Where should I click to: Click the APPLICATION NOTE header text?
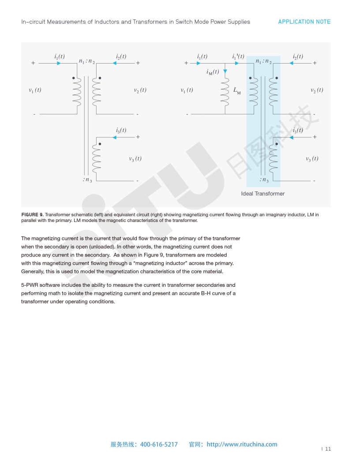(304, 22)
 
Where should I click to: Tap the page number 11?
(328, 449)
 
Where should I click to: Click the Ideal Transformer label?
(262, 194)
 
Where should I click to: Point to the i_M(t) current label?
(213, 72)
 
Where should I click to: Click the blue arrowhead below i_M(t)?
(225, 71)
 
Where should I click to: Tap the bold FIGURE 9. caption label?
(32, 214)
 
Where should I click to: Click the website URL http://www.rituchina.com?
(242, 444)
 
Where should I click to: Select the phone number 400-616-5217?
(159, 444)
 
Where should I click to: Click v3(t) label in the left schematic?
(135, 159)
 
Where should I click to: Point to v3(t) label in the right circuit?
(312, 159)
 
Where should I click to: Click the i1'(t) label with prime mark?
(238, 56)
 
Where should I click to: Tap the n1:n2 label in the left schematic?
(87, 61)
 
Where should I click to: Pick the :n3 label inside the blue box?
(264, 180)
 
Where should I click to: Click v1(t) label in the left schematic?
(35, 90)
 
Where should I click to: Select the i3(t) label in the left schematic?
(121, 130)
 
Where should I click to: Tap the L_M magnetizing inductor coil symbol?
(225, 92)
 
